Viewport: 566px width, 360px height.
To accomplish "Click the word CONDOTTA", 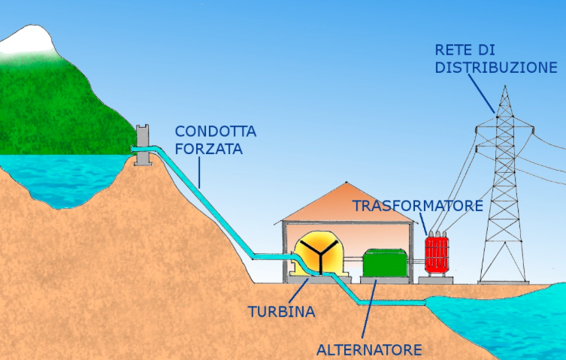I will tap(216, 132).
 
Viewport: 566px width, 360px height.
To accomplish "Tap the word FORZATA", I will tap(209, 149).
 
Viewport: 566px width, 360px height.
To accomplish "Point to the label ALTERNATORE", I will tap(369, 349).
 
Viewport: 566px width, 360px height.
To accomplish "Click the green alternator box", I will tap(386, 263).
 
